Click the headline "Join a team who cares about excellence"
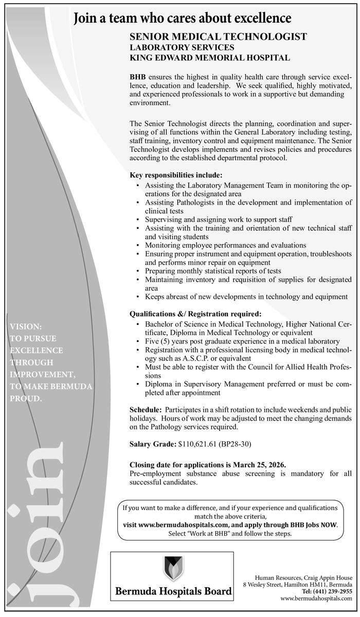[x=183, y=20]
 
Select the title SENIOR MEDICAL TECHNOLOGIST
[x=218, y=37]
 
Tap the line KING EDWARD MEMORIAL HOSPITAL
[x=209, y=58]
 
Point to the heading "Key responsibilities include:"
[x=176, y=175]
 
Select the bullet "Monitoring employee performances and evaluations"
[x=225, y=245]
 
